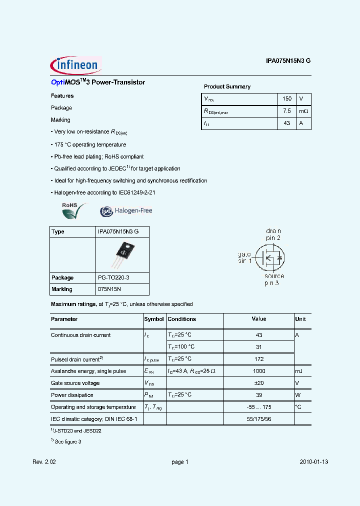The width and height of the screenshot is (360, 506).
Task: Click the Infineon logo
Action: [x=76, y=64]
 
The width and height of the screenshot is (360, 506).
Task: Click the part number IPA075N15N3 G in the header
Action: [x=288, y=61]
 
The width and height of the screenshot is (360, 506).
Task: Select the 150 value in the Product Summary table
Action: [x=287, y=99]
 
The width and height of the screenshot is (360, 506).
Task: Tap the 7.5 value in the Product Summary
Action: [x=287, y=111]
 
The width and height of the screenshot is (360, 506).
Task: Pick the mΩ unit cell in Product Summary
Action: [x=303, y=111]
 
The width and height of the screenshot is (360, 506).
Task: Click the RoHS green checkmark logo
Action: [x=73, y=210]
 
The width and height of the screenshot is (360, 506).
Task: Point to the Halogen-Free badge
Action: [x=126, y=211]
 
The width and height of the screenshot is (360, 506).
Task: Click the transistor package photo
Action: [x=122, y=254]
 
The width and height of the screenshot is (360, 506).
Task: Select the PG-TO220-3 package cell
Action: [x=115, y=277]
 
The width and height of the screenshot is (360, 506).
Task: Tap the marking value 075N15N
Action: [x=109, y=289]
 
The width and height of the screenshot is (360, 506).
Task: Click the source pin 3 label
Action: [x=273, y=279]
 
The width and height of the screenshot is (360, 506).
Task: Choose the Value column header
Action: [x=258, y=319]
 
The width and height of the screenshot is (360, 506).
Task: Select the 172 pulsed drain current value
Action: [x=258, y=359]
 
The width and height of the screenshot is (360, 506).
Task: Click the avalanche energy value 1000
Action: [x=258, y=371]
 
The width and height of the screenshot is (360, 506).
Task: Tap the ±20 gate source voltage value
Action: [x=258, y=383]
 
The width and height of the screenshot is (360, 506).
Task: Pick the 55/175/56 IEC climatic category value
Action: [x=258, y=419]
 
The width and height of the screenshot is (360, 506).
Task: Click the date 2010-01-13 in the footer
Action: [x=314, y=462]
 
